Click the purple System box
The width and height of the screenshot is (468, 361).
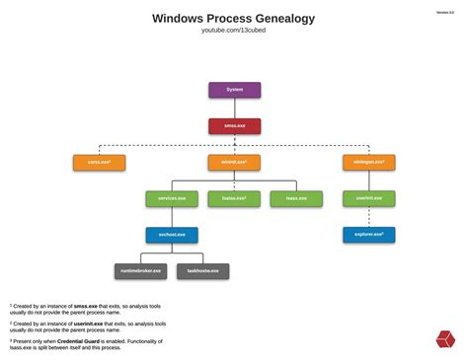tap(234, 90)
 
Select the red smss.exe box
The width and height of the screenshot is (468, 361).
tap(234, 126)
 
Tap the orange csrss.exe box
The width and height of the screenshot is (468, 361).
tap(99, 162)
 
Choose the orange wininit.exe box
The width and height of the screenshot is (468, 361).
tap(234, 162)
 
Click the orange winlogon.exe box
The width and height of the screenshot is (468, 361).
tap(368, 162)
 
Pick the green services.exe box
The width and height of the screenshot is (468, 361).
tap(172, 198)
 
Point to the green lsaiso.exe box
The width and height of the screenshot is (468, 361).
tap(234, 198)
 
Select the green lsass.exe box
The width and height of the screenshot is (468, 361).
tap(296, 198)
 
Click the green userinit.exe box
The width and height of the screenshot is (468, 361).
tap(368, 198)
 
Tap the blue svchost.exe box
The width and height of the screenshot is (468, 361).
tap(172, 235)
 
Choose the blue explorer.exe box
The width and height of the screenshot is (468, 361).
tap(368, 235)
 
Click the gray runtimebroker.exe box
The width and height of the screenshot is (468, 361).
tap(140, 271)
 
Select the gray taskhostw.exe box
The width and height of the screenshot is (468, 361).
tap(202, 271)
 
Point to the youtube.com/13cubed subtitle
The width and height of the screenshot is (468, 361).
tap(234, 32)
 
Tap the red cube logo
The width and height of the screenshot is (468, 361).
tap(445, 339)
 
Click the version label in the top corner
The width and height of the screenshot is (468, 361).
tap(445, 13)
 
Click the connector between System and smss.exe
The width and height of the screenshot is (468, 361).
tap(234, 108)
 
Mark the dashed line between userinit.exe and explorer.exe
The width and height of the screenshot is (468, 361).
tap(368, 217)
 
